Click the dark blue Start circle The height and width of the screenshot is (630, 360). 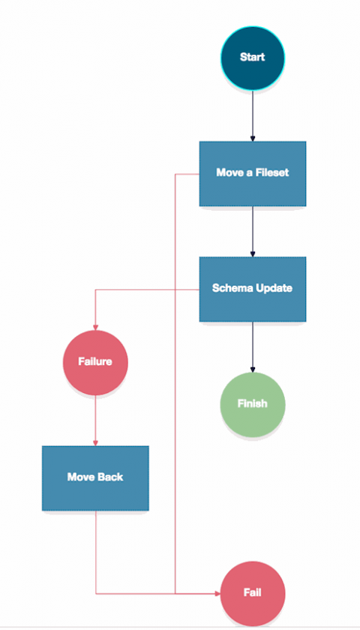(253, 58)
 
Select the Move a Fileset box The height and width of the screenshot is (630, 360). (253, 173)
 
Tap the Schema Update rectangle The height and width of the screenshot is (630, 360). (253, 289)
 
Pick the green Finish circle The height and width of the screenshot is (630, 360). (253, 404)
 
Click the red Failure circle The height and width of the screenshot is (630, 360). (96, 362)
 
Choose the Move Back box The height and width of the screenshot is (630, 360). (96, 478)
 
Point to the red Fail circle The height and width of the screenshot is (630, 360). (253, 593)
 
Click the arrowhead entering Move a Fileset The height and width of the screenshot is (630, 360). (253, 139)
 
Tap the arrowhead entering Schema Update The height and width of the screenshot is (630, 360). (253, 254)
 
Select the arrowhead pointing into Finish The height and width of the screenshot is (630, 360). (253, 370)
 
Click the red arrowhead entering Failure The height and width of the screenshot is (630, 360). (96, 328)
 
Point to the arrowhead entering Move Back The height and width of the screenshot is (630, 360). (96, 443)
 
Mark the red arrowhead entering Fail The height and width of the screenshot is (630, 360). (217, 593)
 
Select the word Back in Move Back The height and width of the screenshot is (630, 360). (110, 477)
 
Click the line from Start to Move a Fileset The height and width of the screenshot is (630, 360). (253, 116)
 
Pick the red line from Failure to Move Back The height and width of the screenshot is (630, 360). (96, 421)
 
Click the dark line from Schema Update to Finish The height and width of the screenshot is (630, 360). (253, 347)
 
